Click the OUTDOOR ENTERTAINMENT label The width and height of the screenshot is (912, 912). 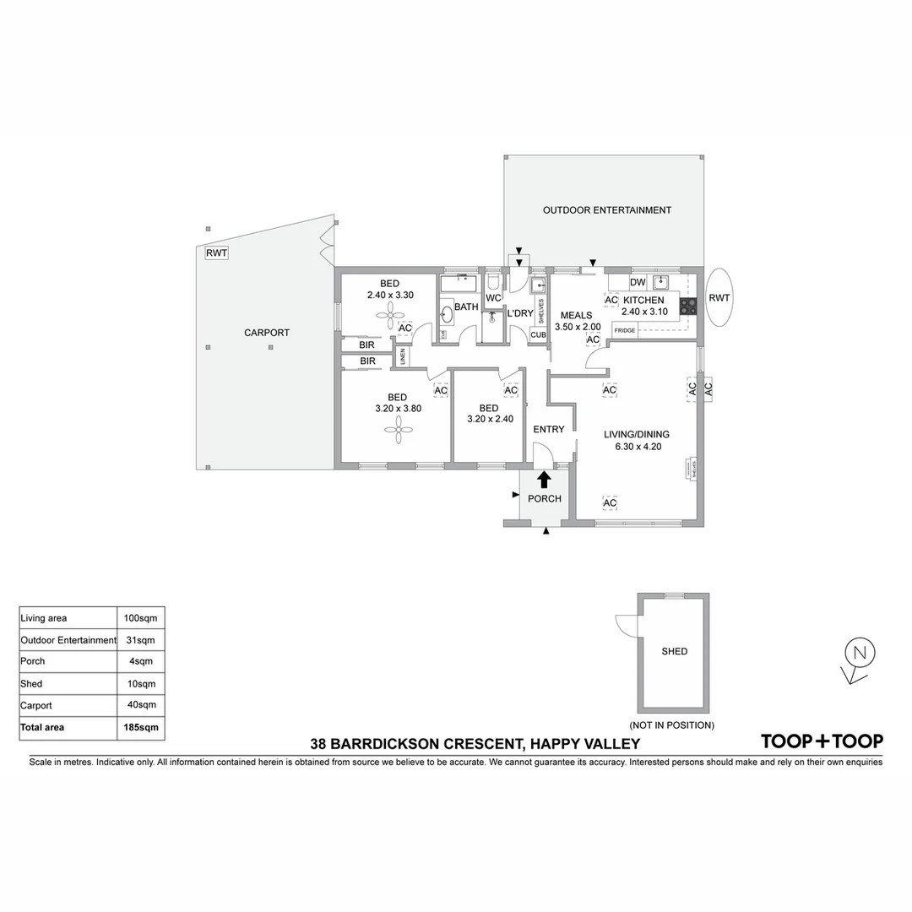pos(606,210)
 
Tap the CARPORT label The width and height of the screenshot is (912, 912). pos(267,333)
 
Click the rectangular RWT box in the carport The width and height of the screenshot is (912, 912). pos(216,252)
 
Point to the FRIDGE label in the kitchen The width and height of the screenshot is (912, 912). pos(625,330)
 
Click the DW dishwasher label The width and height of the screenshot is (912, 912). pos(638,282)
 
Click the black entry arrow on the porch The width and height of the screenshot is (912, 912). pos(544,480)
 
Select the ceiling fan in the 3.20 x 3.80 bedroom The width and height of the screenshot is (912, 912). pos(397,431)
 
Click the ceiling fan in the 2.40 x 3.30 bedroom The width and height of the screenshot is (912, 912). pos(390,318)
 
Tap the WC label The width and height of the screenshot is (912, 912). pos(494,298)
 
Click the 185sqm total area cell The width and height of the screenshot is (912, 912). pos(140,727)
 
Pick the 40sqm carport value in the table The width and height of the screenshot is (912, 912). pos(140,705)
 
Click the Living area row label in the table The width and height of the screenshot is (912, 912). pos(43,618)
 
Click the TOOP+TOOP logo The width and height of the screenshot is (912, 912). pos(822,741)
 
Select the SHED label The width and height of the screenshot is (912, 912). pos(674,651)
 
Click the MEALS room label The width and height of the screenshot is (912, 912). pos(577,316)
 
